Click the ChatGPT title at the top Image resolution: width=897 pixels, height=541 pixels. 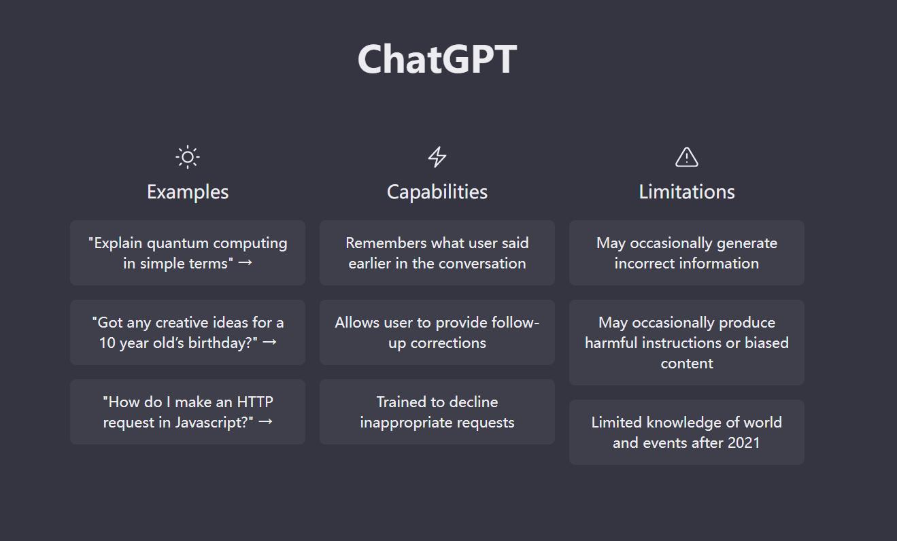[x=437, y=59]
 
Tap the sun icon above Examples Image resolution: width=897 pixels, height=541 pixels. [x=188, y=157]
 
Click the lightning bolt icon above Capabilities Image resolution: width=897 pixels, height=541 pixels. [x=437, y=157]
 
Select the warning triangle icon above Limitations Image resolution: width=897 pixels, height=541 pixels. [x=687, y=157]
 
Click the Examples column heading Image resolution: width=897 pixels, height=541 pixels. [x=188, y=192]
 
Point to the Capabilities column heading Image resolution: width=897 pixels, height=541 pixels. [x=437, y=192]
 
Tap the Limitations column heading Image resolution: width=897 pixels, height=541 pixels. [x=687, y=192]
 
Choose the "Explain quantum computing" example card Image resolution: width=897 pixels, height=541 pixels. [x=188, y=253]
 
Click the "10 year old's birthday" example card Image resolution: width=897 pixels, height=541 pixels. [x=188, y=332]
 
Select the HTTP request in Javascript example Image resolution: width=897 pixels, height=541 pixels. [x=188, y=412]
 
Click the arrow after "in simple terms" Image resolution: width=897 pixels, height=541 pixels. [x=246, y=262]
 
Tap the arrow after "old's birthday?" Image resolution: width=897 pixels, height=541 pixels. [x=269, y=342]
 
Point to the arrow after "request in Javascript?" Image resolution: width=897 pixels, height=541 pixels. [x=266, y=421]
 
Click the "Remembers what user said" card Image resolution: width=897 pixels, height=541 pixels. [x=437, y=253]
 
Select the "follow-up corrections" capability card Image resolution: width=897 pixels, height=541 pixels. [x=437, y=332]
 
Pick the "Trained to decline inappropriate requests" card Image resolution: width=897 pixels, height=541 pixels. [x=437, y=412]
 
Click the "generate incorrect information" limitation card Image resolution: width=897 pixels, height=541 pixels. [x=687, y=253]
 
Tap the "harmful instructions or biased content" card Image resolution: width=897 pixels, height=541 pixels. [x=687, y=343]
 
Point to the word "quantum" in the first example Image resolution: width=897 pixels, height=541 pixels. [x=178, y=243]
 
